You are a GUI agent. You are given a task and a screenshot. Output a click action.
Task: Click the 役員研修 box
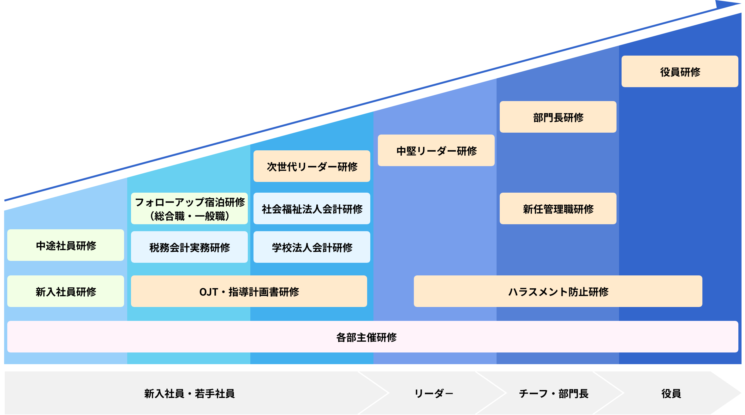click(680, 72)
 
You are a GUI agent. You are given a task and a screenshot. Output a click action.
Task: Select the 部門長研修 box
click(558, 117)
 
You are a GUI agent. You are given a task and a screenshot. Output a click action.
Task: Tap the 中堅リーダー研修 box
click(436, 151)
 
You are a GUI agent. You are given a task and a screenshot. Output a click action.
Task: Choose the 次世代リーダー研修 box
click(312, 166)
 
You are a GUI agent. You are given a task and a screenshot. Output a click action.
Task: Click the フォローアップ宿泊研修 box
click(189, 208)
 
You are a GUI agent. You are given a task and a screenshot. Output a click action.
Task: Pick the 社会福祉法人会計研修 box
click(312, 209)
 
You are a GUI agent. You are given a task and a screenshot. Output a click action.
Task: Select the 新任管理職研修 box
click(558, 209)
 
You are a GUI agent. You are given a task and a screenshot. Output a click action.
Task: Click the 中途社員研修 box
click(66, 245)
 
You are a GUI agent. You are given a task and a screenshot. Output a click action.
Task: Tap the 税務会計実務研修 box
click(189, 247)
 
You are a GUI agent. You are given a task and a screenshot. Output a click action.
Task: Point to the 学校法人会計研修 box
click(312, 247)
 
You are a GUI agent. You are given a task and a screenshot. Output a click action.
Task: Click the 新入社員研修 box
click(66, 292)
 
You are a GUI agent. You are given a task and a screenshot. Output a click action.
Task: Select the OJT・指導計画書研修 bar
click(249, 292)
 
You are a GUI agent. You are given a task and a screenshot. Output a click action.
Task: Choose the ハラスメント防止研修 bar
click(558, 292)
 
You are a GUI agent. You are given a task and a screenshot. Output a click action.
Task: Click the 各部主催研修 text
click(366, 337)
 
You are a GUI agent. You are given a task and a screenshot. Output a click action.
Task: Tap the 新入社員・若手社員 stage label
click(189, 394)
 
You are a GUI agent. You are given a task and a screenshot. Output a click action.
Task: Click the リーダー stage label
click(433, 394)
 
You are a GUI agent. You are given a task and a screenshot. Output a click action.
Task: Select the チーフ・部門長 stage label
click(554, 394)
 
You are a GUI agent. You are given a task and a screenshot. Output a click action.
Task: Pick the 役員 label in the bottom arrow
click(671, 394)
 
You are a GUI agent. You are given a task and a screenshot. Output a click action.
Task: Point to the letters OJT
click(208, 292)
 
